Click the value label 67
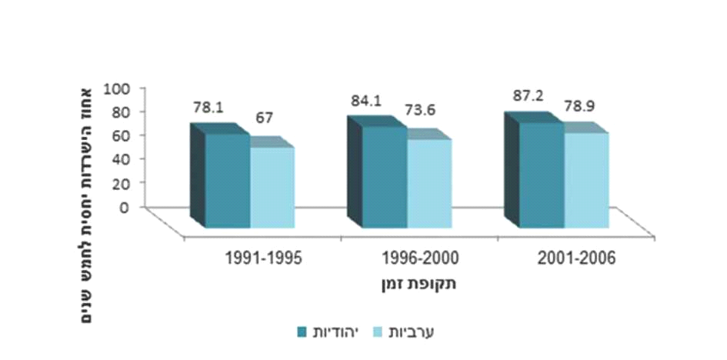(x=265, y=118)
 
